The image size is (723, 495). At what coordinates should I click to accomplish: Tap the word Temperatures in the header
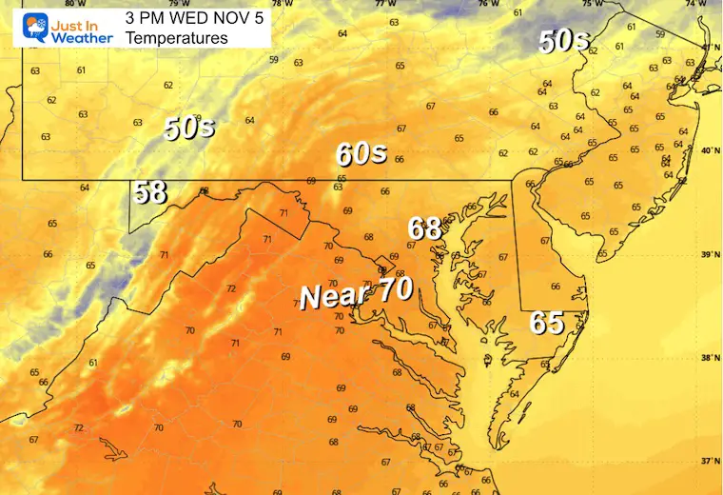(x=177, y=38)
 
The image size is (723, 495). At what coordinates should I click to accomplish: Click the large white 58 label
(x=150, y=192)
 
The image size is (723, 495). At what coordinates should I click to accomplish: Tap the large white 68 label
(x=424, y=228)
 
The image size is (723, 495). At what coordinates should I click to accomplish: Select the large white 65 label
(x=547, y=323)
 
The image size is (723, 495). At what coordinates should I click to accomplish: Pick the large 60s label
(x=361, y=152)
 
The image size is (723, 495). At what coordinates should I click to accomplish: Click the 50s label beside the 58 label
(x=188, y=128)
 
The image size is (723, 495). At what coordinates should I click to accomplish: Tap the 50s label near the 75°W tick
(x=564, y=41)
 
